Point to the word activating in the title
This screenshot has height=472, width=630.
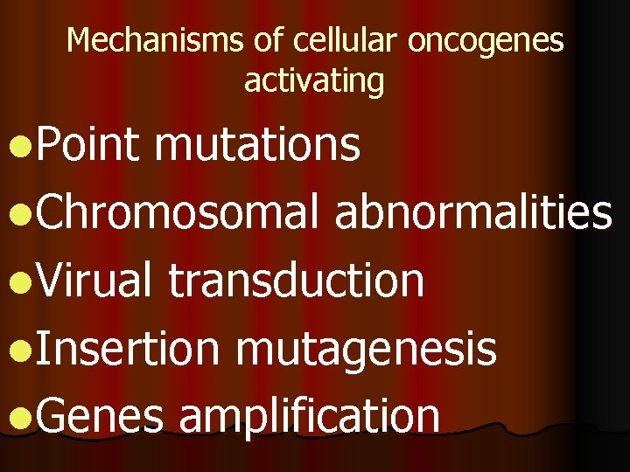coord(314,80)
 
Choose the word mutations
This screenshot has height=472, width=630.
coord(257,145)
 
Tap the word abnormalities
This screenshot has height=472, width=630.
coord(472,212)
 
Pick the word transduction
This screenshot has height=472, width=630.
coord(296,280)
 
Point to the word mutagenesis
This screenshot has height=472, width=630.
coord(367,349)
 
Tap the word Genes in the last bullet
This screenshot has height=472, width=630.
coord(101,416)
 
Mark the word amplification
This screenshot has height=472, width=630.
coord(309,416)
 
